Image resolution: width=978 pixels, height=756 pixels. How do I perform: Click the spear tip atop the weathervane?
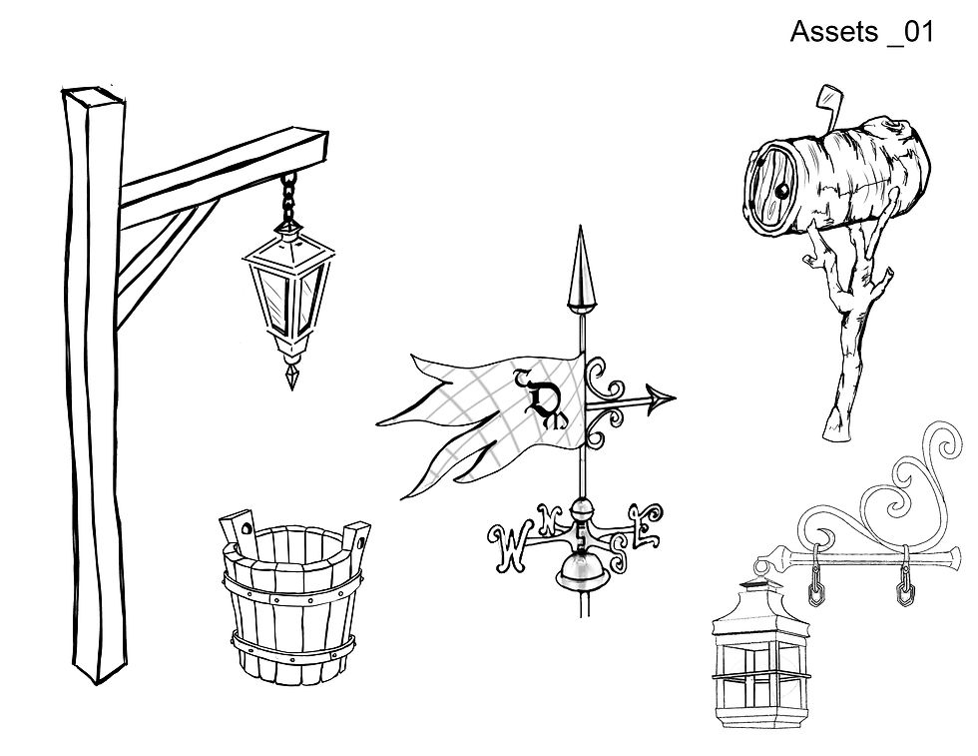(577, 267)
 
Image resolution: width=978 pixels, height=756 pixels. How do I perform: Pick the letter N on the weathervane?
(547, 518)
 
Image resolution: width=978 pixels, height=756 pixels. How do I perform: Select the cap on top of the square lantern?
(764, 570)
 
